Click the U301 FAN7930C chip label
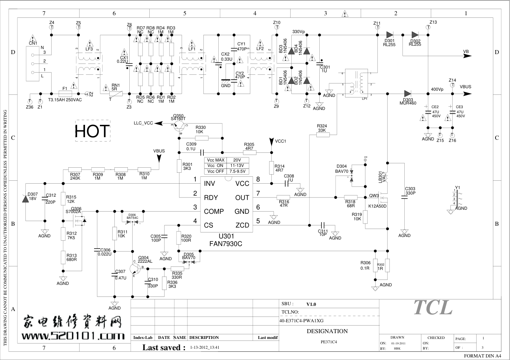point(225,240)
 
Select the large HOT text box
point(92,131)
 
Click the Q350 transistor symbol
point(179,125)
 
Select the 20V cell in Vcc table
point(237,160)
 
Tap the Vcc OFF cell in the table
point(216,171)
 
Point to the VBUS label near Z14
point(465,87)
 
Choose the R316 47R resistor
point(283,198)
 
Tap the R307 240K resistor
point(75,169)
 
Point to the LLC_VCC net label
point(143,123)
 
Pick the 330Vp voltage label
point(299,32)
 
